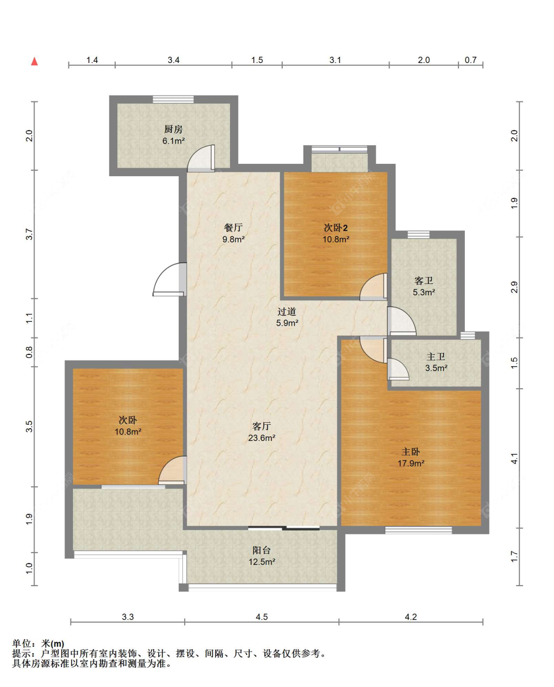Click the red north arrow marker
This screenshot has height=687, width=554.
34,62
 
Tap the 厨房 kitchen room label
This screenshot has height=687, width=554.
173,129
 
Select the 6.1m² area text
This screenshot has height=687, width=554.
173,140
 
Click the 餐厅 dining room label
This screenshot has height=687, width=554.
233,228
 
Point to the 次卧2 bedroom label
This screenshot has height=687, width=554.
335,228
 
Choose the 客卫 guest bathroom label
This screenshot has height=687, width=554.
424,281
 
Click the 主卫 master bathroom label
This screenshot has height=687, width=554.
436,357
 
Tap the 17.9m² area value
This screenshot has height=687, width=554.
411,463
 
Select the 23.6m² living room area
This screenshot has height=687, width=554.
261,437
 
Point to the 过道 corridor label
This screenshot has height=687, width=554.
287,311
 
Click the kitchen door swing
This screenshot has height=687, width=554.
201,158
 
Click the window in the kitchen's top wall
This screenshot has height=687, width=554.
173,99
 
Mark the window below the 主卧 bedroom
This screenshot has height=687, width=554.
418,530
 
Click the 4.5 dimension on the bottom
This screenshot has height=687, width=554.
261,617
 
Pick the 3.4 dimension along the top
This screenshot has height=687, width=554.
173,60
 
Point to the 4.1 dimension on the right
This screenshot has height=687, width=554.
514,458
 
